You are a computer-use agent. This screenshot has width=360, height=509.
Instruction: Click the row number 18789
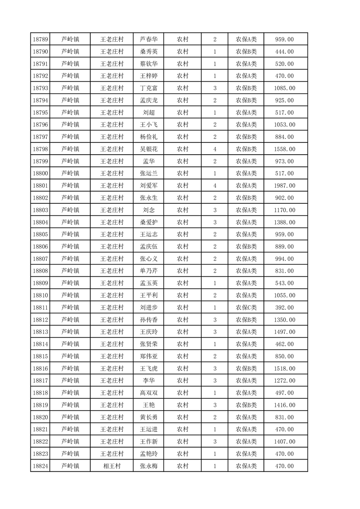(x=41, y=39)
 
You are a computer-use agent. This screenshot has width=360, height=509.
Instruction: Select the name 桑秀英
(x=149, y=52)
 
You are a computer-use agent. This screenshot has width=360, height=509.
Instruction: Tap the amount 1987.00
(x=284, y=186)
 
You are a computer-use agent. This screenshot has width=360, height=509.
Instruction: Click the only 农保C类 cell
(x=246, y=308)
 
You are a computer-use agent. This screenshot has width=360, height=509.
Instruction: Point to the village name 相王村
(x=112, y=466)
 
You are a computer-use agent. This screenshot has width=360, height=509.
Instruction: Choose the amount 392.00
(x=284, y=308)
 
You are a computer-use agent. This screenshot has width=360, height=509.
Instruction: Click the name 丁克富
(x=149, y=88)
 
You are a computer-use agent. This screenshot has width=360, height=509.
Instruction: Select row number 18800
(x=41, y=173)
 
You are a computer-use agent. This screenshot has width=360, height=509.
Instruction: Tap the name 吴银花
(x=149, y=149)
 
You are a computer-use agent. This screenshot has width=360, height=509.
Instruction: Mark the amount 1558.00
(x=284, y=149)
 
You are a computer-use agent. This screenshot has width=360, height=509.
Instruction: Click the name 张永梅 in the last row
(x=149, y=466)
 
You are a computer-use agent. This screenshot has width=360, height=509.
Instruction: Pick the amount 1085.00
(x=284, y=88)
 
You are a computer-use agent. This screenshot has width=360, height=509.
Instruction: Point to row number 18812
(x=41, y=320)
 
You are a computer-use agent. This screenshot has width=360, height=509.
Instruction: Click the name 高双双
(x=149, y=393)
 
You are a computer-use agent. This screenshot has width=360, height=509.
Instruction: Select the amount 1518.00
(x=284, y=368)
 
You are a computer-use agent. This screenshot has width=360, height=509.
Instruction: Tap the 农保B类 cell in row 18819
(x=246, y=405)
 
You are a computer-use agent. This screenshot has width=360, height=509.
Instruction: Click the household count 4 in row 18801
(x=214, y=186)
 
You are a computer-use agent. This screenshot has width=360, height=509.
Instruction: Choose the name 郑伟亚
(x=149, y=356)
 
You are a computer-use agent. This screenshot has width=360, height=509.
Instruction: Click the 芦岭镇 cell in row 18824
(x=70, y=466)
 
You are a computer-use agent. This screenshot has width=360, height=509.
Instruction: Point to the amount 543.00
(x=284, y=283)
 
